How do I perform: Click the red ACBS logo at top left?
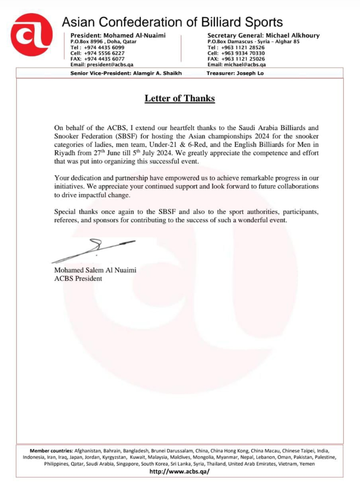[x=31, y=34]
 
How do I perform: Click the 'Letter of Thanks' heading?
[x=180, y=98]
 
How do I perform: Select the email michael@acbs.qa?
[x=245, y=65]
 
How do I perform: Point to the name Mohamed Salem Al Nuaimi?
[x=95, y=270]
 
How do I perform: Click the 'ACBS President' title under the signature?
[x=78, y=278]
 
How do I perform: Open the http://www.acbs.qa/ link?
[x=180, y=471]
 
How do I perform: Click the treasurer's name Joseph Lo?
[x=250, y=73]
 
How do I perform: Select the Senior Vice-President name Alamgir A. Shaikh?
[x=157, y=73]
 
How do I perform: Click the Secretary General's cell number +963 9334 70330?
[x=243, y=53]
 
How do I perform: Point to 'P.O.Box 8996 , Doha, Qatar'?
[x=103, y=42]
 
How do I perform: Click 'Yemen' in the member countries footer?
[x=307, y=464]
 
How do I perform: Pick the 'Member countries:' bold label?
[x=51, y=451]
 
